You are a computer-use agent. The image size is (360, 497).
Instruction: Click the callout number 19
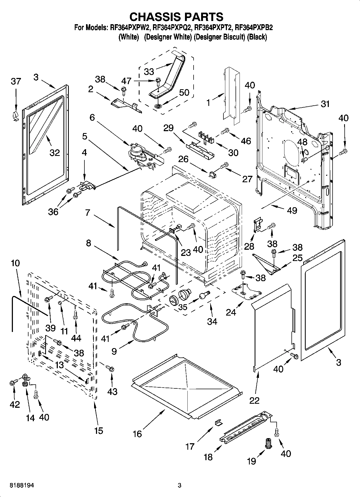click(x=252, y=461)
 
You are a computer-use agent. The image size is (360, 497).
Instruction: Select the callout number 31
click(x=325, y=104)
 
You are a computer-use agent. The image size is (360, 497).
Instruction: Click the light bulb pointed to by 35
click(x=204, y=296)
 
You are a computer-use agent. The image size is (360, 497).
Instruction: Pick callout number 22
click(x=254, y=400)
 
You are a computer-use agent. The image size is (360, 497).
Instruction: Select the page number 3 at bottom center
click(x=179, y=485)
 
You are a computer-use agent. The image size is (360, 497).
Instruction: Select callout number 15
click(x=99, y=431)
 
